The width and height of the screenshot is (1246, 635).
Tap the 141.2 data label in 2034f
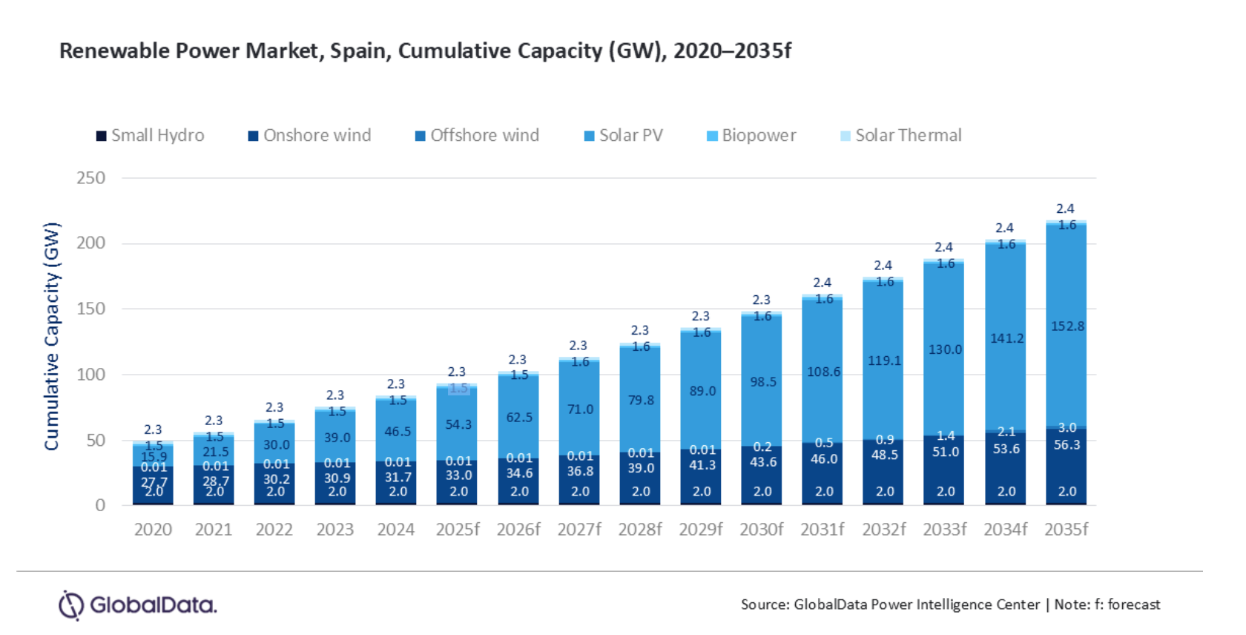[x=1006, y=338]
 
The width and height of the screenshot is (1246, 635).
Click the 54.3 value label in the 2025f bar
[x=458, y=424]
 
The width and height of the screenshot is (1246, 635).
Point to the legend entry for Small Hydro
[x=151, y=136]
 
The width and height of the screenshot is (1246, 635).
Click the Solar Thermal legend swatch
[x=845, y=136]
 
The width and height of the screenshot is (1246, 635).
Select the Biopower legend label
[x=759, y=136]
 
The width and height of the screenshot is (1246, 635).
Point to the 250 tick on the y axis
[x=90, y=178]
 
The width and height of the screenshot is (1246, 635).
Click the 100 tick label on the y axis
[x=90, y=375]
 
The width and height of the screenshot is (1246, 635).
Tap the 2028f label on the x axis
[x=640, y=530]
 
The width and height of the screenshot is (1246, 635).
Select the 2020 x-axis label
[x=153, y=530]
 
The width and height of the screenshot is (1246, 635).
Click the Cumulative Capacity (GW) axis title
[x=51, y=336]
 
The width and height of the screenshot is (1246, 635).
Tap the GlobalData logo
[x=138, y=605]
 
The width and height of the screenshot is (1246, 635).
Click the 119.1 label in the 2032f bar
[x=884, y=361]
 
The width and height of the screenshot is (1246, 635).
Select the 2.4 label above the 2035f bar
[x=1065, y=208]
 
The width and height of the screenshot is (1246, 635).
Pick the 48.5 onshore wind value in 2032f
[x=884, y=455]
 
